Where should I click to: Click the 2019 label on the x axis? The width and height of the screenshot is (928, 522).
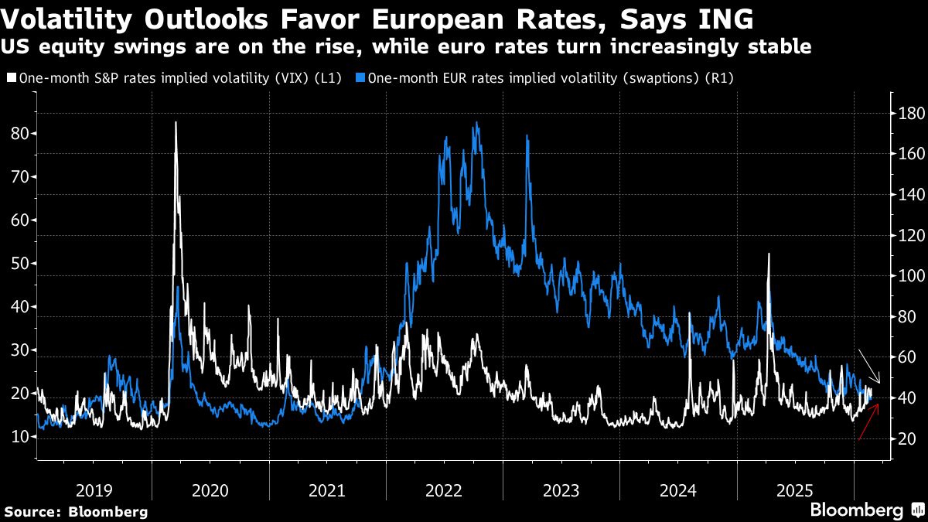pos(94,490)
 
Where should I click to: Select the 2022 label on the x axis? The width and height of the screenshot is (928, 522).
pos(444,490)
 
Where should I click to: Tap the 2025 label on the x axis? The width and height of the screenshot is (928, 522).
pos(794,490)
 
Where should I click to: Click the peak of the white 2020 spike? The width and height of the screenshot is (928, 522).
pos(176,123)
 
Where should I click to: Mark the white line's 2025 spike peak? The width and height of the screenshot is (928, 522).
pos(769,254)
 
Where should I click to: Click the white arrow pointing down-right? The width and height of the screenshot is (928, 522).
pos(868,361)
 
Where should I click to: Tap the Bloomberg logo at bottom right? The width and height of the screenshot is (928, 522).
pos(865,510)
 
